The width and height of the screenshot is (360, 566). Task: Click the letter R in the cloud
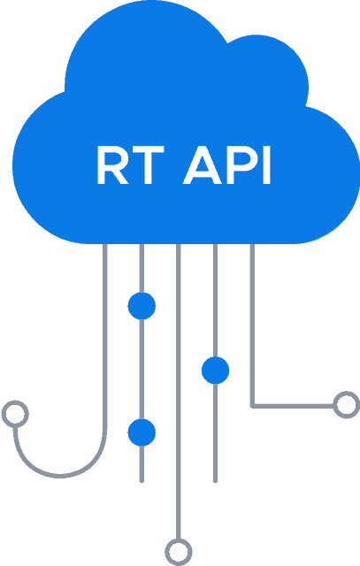coord(112,165)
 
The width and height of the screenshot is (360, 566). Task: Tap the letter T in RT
coord(148,165)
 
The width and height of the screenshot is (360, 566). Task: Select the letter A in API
coord(203,165)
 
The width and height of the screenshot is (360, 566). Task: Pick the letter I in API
coord(266,165)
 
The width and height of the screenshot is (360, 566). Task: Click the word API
coord(226,165)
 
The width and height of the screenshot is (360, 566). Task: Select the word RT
coord(131,165)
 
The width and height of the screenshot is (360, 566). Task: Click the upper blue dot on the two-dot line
coord(142,306)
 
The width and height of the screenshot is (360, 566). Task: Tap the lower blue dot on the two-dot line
coord(142,432)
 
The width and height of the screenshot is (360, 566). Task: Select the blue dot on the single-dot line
coord(215,370)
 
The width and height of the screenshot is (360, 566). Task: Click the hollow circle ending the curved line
coord(15,414)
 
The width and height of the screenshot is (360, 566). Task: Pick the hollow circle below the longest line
coord(179,552)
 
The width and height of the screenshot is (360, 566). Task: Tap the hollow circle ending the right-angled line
coord(347,405)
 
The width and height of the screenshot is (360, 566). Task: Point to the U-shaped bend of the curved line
coord(60,476)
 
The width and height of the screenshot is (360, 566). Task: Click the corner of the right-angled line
coord(252,407)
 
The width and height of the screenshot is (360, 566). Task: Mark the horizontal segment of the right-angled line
coord(293,407)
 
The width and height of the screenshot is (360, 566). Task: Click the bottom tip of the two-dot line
coord(142,481)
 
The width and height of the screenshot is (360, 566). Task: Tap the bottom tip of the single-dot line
coord(215,481)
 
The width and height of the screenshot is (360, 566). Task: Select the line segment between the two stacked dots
coord(142,370)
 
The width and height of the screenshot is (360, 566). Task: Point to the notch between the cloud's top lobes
coord(227,43)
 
